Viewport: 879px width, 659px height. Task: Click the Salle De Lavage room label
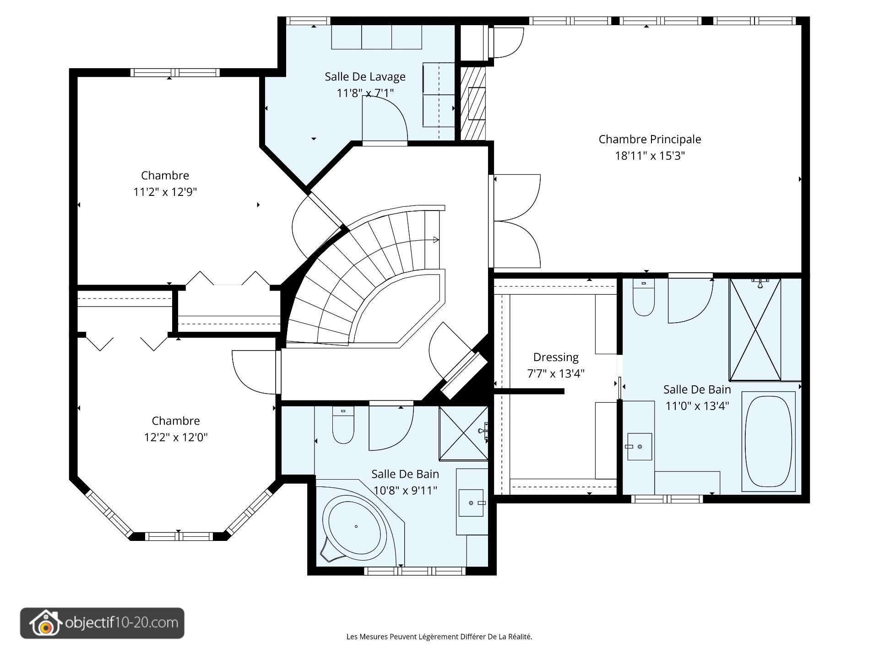365,76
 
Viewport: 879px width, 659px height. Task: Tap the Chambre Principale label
650,139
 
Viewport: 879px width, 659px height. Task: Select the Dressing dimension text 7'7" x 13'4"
556,373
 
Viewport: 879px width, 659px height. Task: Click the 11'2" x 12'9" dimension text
165,192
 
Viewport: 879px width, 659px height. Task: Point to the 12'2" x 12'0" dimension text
176,437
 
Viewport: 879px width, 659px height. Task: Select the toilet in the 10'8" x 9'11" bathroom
343,425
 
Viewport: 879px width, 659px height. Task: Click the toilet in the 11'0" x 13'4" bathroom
644,297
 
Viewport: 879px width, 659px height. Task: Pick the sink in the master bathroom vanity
640,446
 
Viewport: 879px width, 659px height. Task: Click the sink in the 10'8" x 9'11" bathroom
471,503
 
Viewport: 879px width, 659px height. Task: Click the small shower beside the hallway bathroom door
463,433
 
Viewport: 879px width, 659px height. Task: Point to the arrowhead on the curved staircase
436,240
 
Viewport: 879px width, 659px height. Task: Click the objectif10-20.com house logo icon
45,623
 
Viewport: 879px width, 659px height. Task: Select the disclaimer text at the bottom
439,637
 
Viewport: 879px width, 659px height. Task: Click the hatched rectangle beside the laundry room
472,103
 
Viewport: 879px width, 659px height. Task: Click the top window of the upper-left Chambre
175,72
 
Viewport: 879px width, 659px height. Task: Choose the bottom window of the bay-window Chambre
179,536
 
